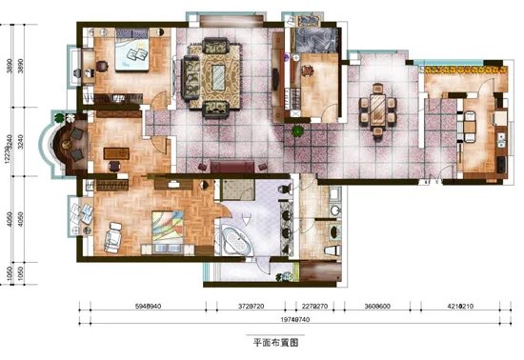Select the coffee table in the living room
[x=226, y=74]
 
